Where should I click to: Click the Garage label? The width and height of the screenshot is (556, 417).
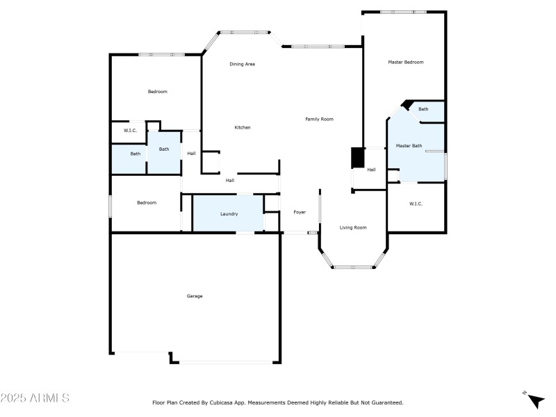click(x=195, y=296)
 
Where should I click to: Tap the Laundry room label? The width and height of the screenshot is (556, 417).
click(x=229, y=214)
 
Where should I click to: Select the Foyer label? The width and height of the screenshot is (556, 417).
click(x=300, y=212)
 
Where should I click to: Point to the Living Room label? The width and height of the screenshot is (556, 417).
click(x=352, y=227)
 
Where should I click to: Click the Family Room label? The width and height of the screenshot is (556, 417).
click(x=319, y=119)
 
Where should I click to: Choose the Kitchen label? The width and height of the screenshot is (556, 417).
click(x=242, y=127)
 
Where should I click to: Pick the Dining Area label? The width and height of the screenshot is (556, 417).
click(x=243, y=64)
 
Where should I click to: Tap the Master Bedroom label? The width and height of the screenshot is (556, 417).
click(x=405, y=62)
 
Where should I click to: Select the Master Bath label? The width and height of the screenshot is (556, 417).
click(x=409, y=146)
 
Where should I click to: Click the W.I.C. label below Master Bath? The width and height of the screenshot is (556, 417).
click(x=416, y=204)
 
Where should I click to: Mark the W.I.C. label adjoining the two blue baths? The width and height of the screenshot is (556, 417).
click(x=130, y=131)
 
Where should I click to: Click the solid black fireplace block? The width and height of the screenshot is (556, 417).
click(x=357, y=158)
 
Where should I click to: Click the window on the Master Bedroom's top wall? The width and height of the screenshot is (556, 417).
click(x=403, y=12)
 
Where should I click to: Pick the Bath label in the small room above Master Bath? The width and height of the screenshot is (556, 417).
click(x=423, y=109)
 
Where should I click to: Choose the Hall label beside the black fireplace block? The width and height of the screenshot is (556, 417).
click(x=371, y=170)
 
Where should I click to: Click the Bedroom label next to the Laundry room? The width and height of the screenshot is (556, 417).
click(x=147, y=203)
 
